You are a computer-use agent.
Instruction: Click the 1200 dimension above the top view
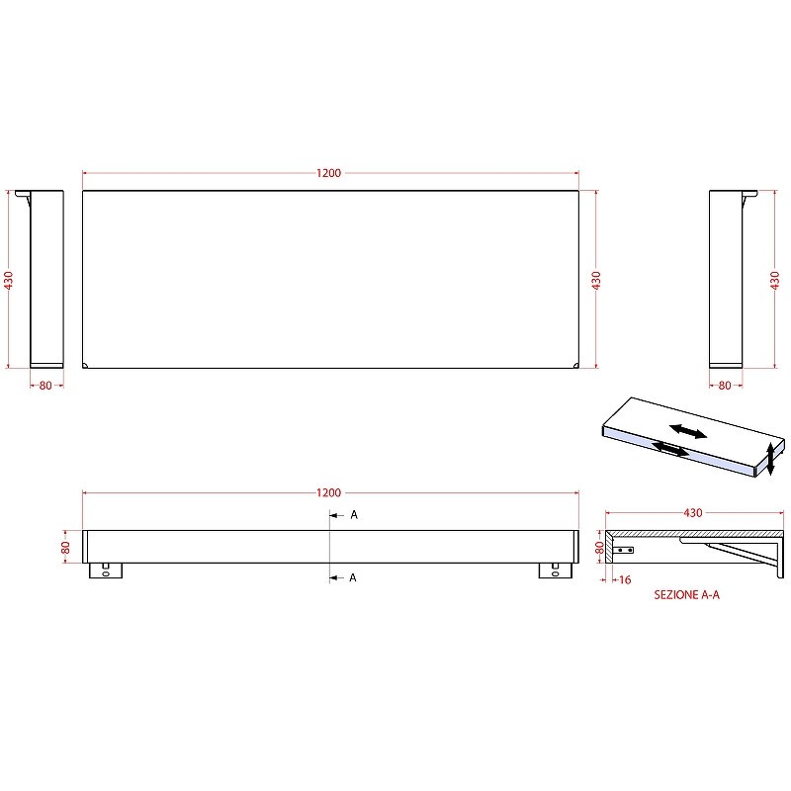point(329,173)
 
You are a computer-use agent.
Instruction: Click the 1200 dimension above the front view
point(329,492)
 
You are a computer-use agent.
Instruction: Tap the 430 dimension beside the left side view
point(9,281)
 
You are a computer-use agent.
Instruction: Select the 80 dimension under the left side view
point(45,386)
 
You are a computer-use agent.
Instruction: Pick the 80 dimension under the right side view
point(725,386)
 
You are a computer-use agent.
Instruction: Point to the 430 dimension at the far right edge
point(775,281)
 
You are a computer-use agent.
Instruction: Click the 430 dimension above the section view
point(693,513)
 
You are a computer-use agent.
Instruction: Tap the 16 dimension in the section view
point(625,580)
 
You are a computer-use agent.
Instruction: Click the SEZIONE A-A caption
point(686,595)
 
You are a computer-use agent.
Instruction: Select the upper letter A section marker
point(354,515)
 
